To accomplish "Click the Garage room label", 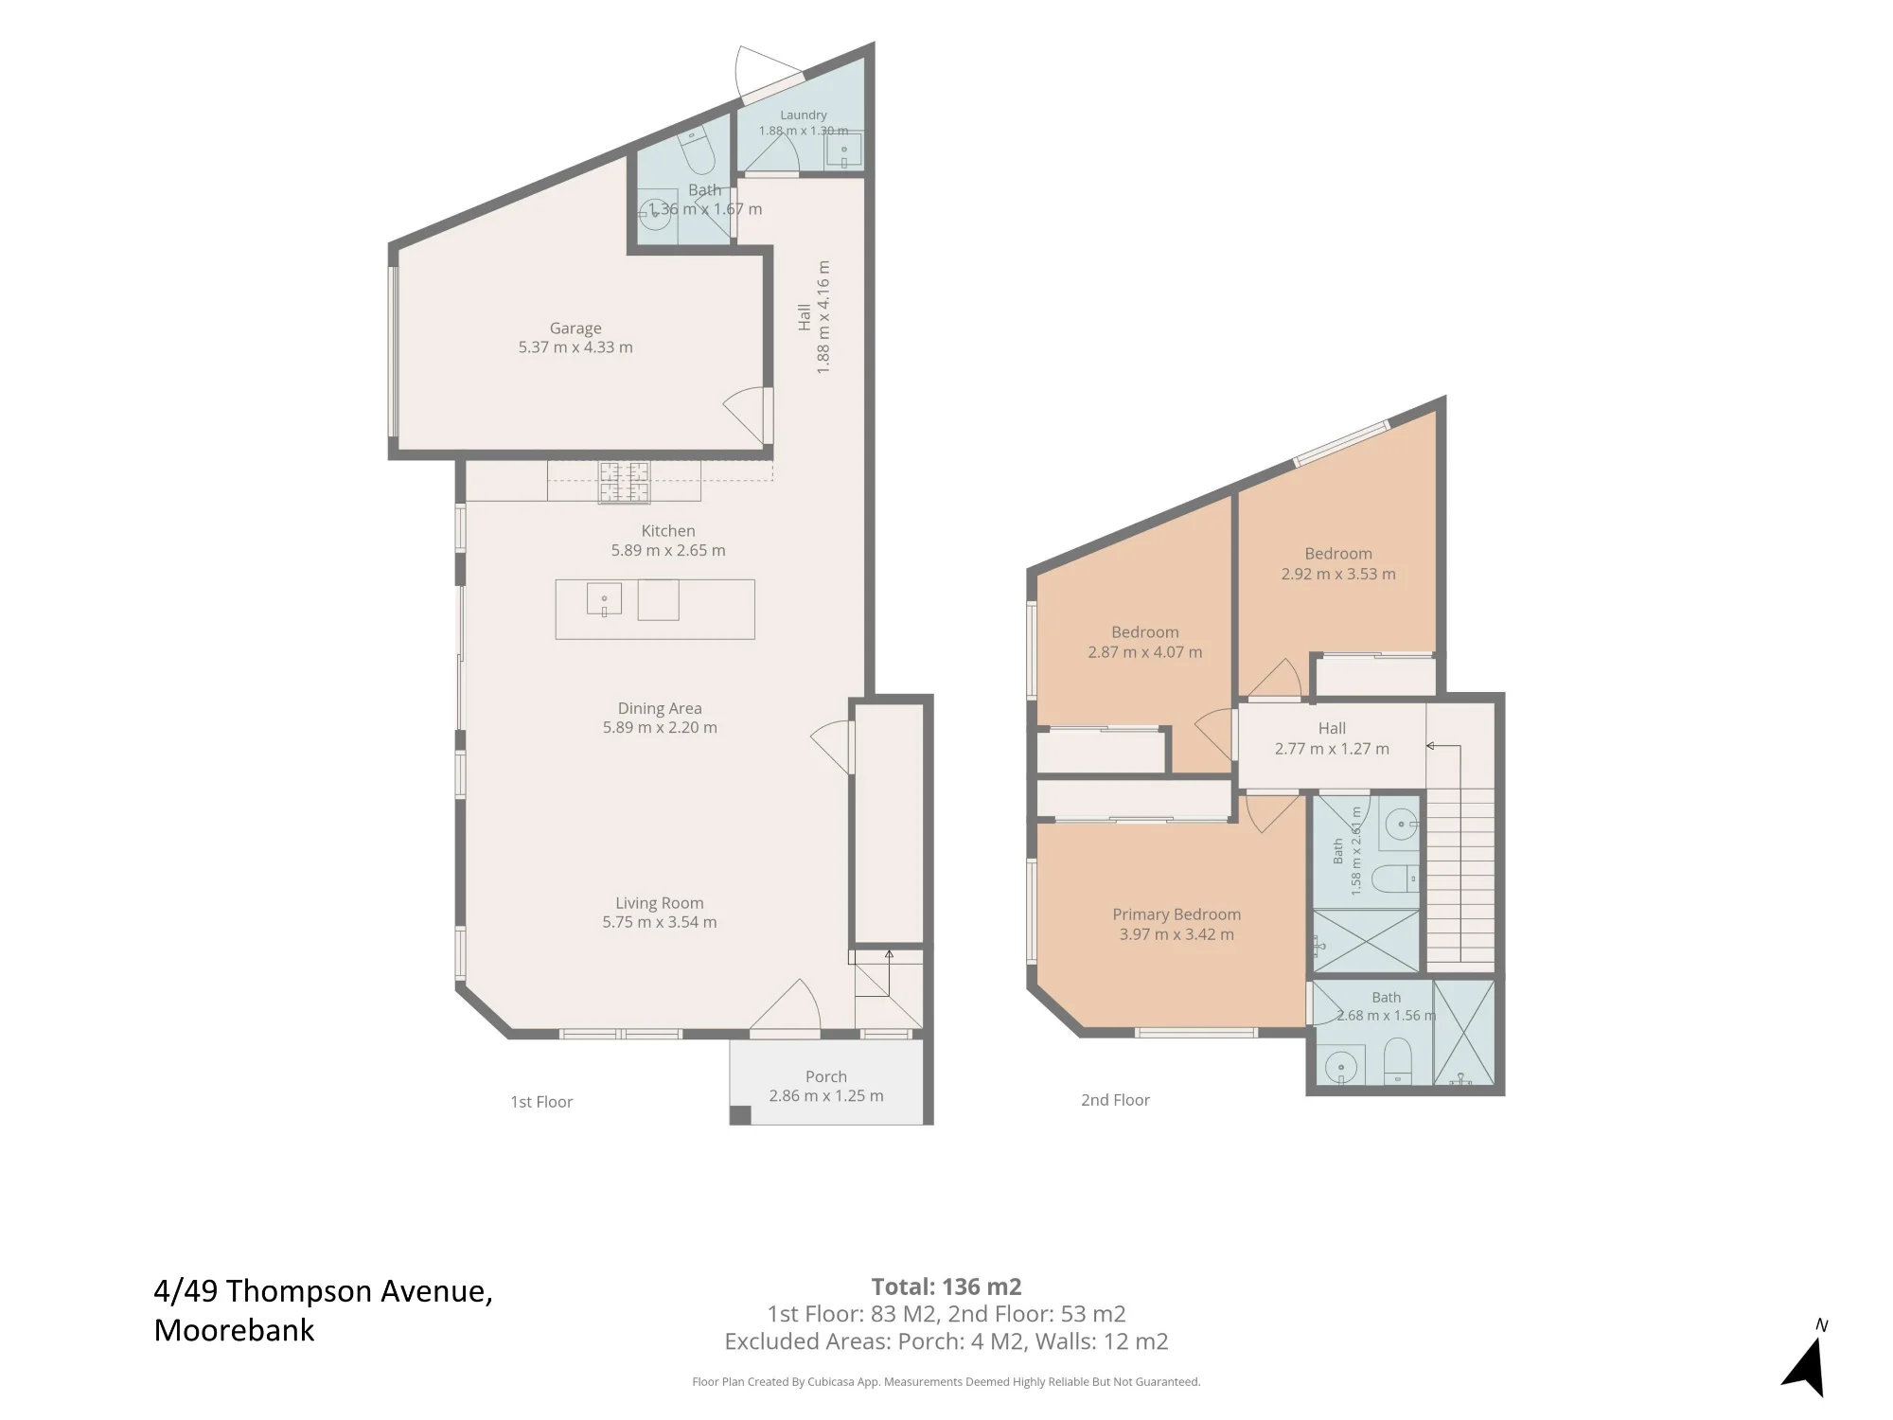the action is pos(575,328).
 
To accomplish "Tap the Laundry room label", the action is pos(804,115).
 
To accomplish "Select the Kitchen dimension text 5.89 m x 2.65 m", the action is pos(668,550).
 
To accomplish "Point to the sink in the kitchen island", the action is pos(604,599).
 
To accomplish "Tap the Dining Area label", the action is pos(660,708).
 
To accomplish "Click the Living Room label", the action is pos(660,903).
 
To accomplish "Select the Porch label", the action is pos(826,1076).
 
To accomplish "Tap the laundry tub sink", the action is pos(843,151).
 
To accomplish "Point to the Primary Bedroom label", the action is pos(1176,914).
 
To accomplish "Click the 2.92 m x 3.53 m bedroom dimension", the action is pos(1338,574).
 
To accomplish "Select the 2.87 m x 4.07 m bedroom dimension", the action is pos(1145,652).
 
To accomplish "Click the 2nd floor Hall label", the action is pos(1332,728).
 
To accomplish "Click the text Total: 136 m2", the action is pos(946,1287).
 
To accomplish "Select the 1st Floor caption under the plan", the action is pos(541,1102).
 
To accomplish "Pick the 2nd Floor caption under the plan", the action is pos(1115,1100).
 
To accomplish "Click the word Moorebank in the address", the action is pos(234,1330).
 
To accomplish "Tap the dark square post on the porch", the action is pos(740,1114).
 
